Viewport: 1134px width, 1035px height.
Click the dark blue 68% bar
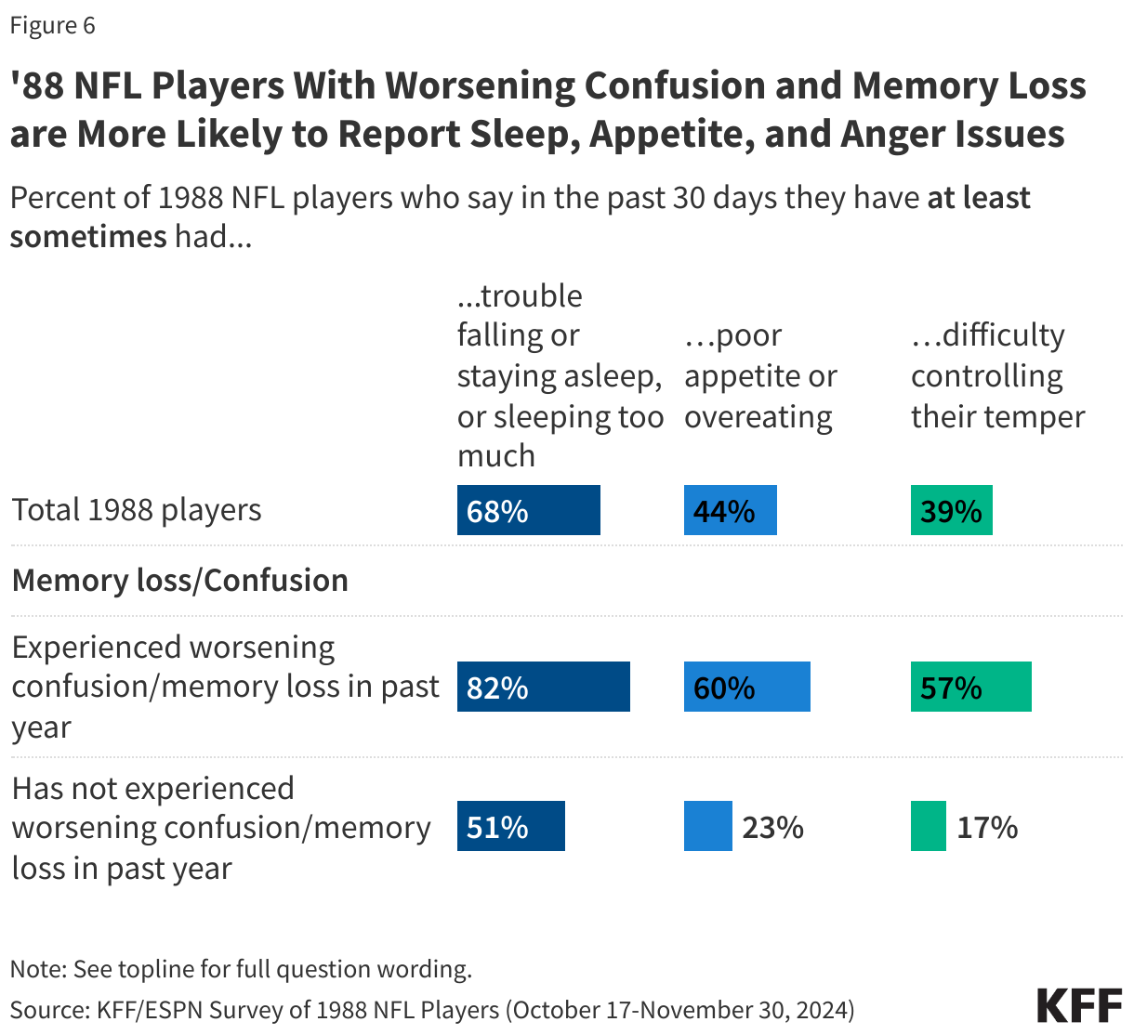tap(528, 510)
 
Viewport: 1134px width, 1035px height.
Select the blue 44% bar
tap(730, 510)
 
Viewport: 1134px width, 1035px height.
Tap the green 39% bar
tap(951, 510)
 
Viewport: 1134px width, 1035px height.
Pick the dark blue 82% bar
tap(543, 687)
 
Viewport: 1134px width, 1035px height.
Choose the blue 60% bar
tap(746, 687)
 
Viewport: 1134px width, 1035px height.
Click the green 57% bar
tap(970, 687)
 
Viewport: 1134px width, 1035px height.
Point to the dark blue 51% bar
tap(510, 826)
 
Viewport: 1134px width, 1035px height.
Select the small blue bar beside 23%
tap(707, 826)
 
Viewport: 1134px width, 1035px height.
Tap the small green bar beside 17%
tap(928, 826)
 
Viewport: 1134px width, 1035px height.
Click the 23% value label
tap(772, 827)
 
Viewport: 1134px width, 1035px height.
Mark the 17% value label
tap(987, 827)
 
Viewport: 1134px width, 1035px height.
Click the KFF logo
tap(1079, 1005)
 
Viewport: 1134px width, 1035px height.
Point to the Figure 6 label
tap(52, 25)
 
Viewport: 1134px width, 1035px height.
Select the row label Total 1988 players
tap(137, 510)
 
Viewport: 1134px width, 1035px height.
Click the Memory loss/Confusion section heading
tap(179, 580)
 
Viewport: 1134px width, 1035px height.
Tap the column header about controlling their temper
tap(997, 375)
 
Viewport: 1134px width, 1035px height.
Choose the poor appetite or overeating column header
tap(760, 375)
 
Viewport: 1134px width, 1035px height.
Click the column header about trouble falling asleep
tap(560, 375)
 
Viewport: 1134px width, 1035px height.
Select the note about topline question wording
tap(241, 969)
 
